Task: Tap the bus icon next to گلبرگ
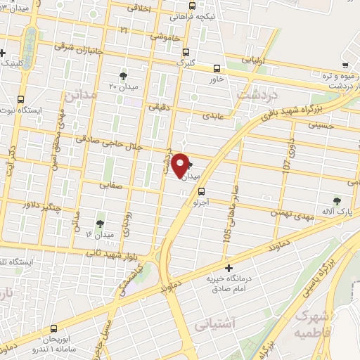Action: coord(186,52)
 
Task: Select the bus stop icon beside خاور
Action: coord(217,69)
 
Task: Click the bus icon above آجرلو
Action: coord(202,191)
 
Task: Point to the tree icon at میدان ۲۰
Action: coord(124,75)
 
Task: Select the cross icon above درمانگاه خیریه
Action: coord(229,268)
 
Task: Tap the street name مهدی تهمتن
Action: coord(289,212)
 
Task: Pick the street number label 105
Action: coord(227,236)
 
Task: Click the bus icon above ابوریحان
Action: coord(54,328)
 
